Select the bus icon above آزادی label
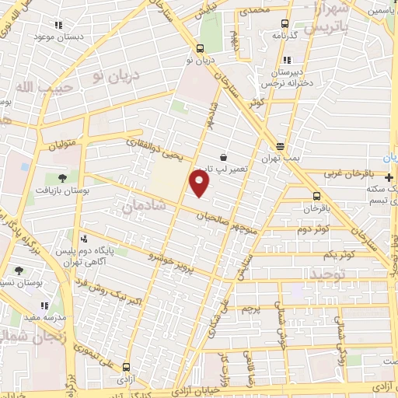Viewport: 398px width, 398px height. click(x=127, y=368)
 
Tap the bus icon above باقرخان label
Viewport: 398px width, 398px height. click(x=316, y=196)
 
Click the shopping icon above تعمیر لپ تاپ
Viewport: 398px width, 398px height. click(x=224, y=156)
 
